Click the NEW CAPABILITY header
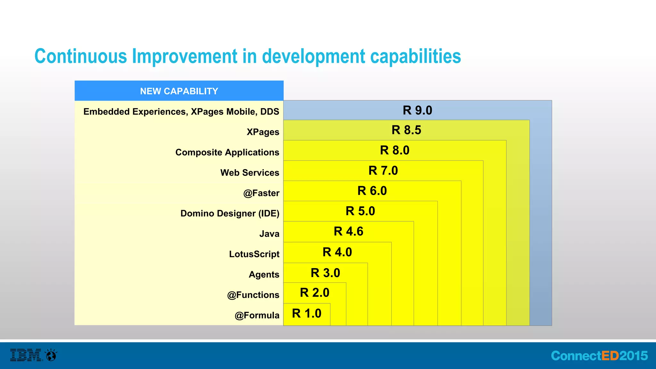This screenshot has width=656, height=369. [179, 91]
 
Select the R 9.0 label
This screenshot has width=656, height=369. [417, 111]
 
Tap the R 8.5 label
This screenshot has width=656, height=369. [406, 130]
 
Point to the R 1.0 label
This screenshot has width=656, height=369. [307, 314]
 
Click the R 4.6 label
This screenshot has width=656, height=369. [348, 232]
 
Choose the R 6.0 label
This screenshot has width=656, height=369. [372, 191]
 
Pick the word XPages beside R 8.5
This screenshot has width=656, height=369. [263, 132]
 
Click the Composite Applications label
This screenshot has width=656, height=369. [227, 152]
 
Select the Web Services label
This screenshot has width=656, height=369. [250, 173]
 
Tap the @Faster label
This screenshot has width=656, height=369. [261, 193]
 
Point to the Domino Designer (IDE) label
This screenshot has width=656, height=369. [230, 213]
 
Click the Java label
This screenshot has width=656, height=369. [269, 234]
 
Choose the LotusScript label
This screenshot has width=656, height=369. [254, 254]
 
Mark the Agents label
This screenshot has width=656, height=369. [264, 275]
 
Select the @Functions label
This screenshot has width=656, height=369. [253, 295]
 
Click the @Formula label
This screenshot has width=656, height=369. [257, 316]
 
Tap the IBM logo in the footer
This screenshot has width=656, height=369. [26, 355]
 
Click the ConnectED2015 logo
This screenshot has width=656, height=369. [599, 356]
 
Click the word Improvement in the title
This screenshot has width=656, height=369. [185, 56]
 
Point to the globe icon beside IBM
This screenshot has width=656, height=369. [51, 355]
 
